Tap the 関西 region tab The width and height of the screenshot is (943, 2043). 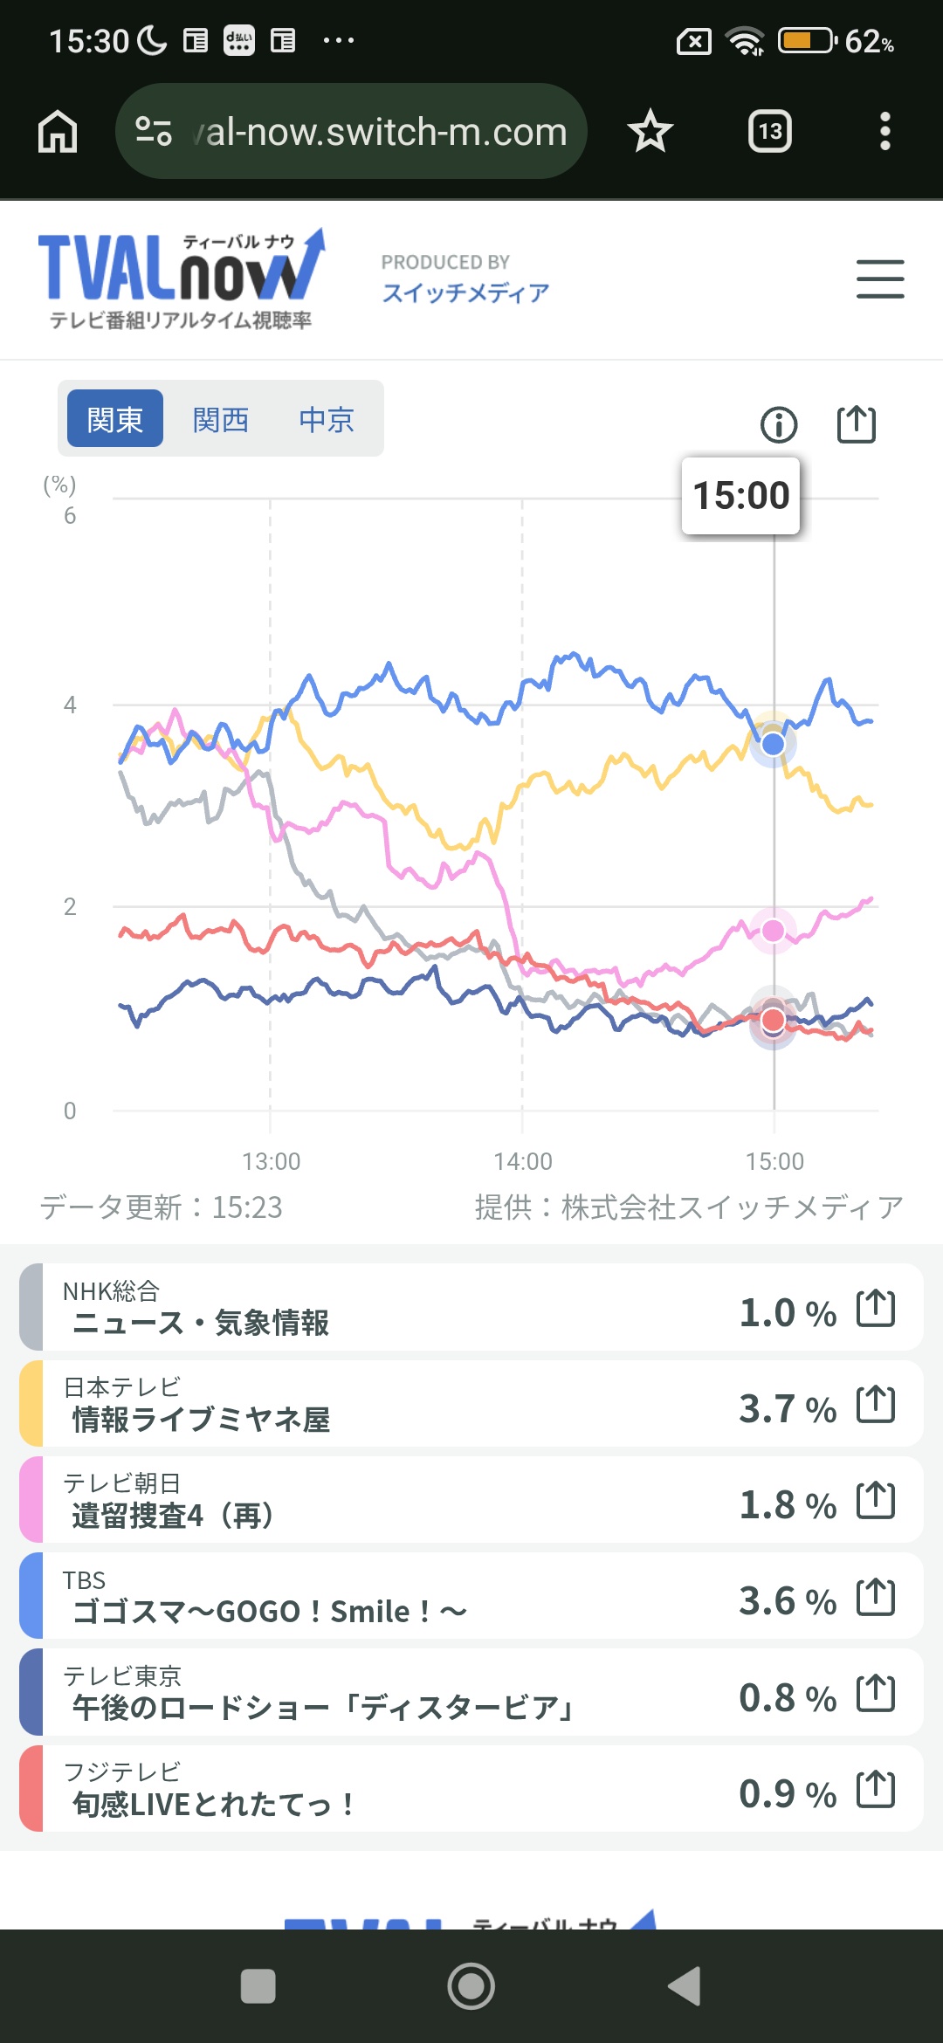[x=221, y=420]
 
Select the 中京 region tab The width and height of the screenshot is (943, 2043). [x=327, y=420]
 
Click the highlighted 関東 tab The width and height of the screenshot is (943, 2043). [x=115, y=419]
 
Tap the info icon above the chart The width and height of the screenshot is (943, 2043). [x=779, y=425]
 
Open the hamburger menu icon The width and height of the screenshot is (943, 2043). [x=879, y=279]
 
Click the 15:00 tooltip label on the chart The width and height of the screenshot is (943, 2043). [x=740, y=495]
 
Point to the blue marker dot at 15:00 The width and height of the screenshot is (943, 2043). [x=773, y=744]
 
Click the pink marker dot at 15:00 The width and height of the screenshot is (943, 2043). [x=773, y=931]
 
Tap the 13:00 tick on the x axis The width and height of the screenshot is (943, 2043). [x=271, y=1161]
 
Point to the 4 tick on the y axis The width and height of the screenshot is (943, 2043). [x=70, y=705]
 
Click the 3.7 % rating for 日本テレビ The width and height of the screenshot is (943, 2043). [x=787, y=1408]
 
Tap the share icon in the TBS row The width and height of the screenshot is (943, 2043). [x=876, y=1598]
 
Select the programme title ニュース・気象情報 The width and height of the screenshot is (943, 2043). [x=201, y=1323]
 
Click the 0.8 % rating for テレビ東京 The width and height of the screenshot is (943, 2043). [x=787, y=1697]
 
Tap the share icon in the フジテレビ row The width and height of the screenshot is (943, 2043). [x=876, y=1790]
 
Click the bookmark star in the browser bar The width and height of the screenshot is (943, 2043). [x=650, y=132]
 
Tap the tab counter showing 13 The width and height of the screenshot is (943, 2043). [x=770, y=132]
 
